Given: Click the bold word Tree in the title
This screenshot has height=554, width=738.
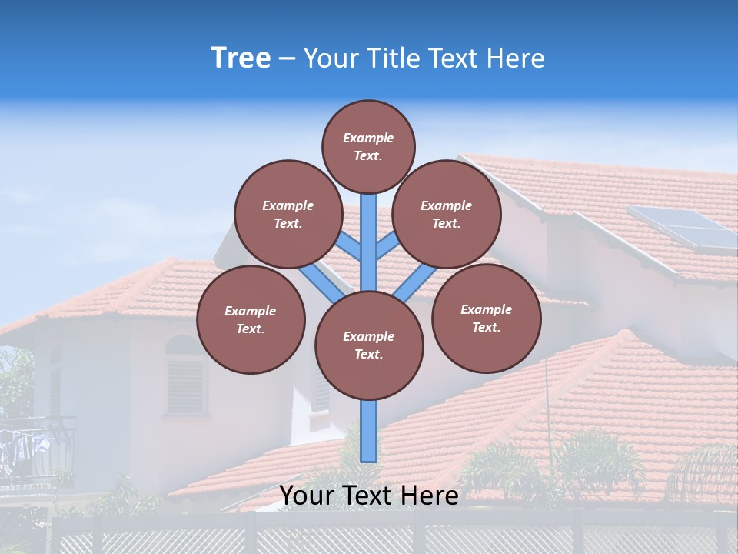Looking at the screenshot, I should click(x=241, y=58).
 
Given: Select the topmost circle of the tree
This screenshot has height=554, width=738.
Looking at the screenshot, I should click(x=368, y=146).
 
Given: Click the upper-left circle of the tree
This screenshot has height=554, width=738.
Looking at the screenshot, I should click(x=288, y=214).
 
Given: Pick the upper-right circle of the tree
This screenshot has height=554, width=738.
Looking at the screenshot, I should click(x=447, y=214).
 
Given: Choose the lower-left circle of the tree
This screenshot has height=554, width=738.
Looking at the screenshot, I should click(x=251, y=319).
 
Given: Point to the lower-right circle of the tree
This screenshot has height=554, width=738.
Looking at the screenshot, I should click(x=486, y=318).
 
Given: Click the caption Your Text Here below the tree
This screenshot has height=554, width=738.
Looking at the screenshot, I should click(x=369, y=495).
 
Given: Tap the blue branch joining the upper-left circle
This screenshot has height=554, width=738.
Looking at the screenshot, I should click(x=350, y=246).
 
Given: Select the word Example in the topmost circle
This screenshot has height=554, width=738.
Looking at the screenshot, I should click(x=368, y=138).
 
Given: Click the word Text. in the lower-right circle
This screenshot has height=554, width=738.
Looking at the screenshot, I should click(x=486, y=327).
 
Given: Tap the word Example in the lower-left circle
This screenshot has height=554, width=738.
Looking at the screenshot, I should click(x=251, y=311).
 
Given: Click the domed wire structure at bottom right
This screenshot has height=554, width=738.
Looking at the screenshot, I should click(x=703, y=473).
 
